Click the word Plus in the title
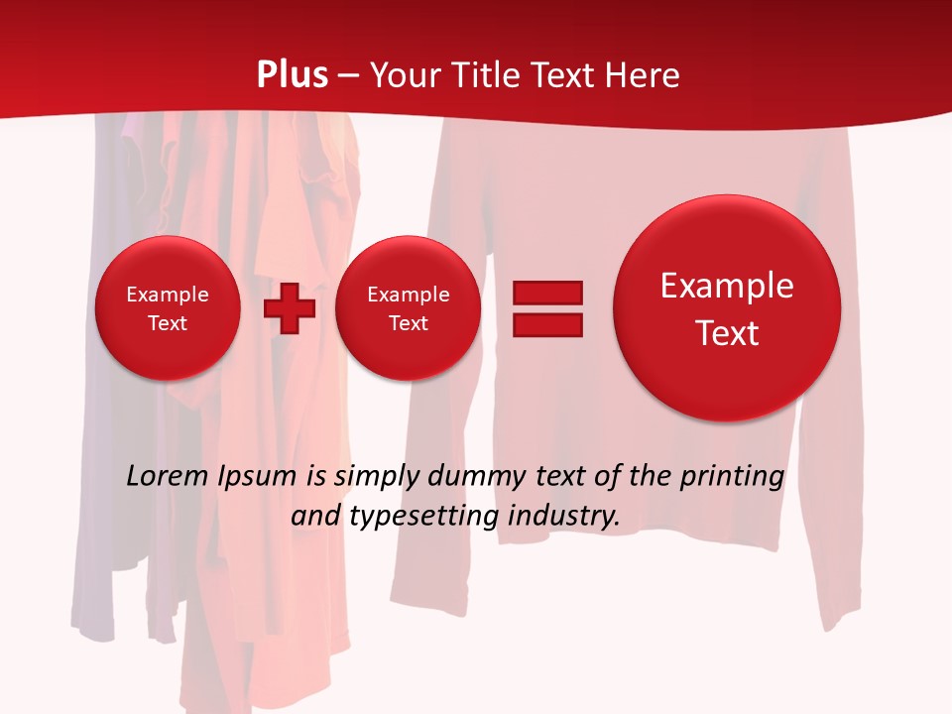293,75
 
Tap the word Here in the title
642,75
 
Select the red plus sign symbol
290,308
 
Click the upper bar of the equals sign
547,293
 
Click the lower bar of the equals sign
547,325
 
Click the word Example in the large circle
727,286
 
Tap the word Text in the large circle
727,333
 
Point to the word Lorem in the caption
168,476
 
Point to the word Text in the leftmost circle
168,323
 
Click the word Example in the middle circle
408,295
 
